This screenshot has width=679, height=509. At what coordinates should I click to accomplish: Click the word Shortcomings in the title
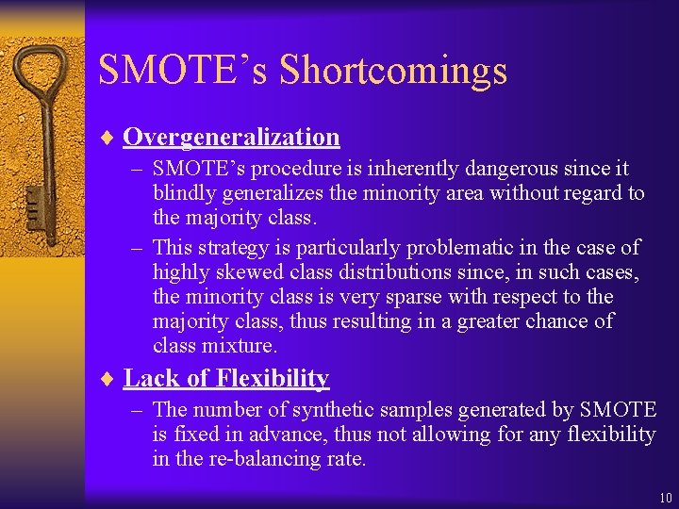coord(393,72)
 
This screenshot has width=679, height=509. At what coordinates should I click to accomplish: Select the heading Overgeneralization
coord(231,138)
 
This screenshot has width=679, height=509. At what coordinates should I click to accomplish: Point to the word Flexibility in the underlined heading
coord(273,379)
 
